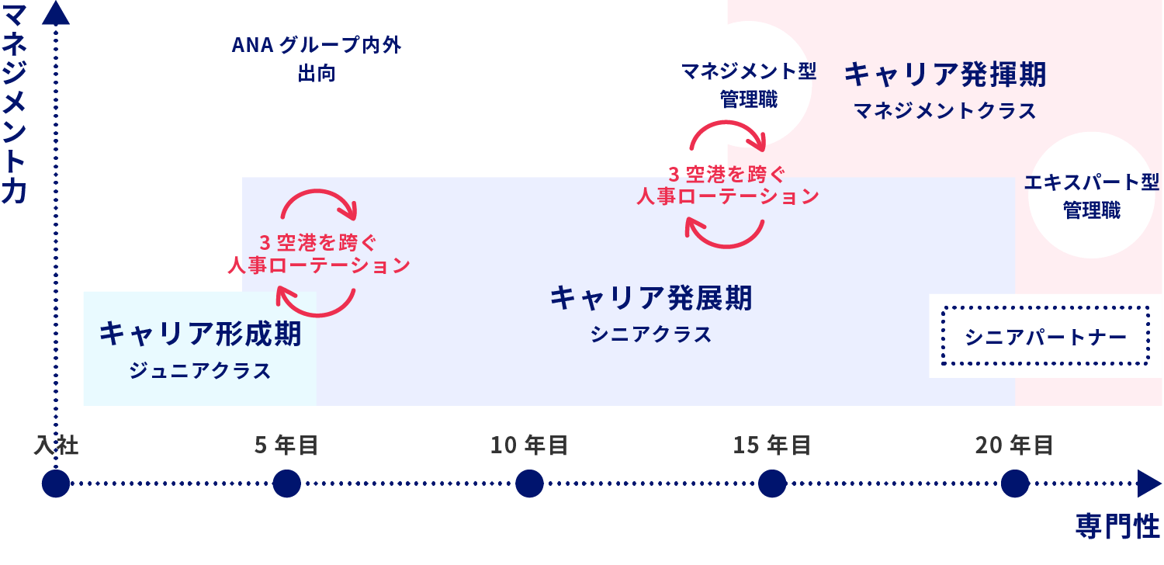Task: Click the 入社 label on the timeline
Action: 56,445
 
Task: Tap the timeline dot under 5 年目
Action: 286,484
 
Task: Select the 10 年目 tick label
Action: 529,445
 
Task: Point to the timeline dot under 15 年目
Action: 772,484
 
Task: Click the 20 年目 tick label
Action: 1014,445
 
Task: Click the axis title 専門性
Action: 1117,526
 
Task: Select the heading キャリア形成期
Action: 200,334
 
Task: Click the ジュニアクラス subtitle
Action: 200,371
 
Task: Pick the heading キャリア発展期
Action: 651,298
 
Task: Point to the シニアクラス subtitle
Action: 651,334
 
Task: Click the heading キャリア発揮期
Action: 945,75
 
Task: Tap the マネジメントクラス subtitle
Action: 945,111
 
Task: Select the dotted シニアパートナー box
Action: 1045,336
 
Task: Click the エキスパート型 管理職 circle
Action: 1091,196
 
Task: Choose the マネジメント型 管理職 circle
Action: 748,85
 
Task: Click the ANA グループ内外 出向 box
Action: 316,58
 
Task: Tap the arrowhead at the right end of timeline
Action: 1148,484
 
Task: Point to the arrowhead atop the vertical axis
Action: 56,13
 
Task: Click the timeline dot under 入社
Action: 56,484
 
